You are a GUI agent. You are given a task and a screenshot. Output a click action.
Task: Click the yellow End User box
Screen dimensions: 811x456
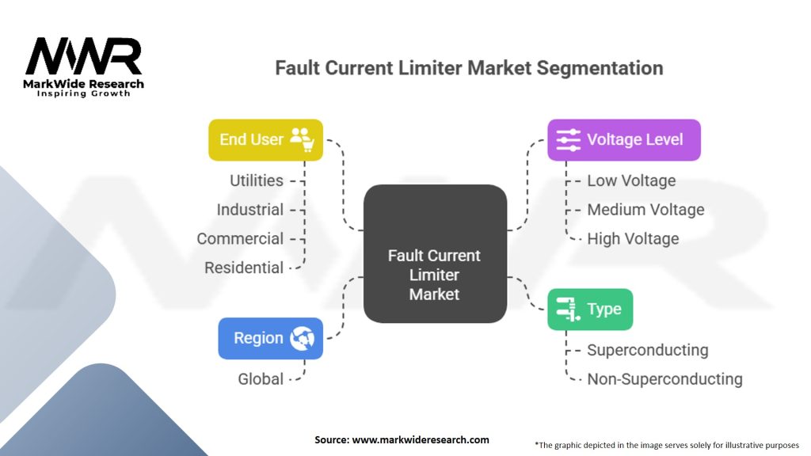coord(265,139)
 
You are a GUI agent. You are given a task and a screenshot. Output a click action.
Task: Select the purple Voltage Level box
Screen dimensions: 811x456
coord(624,139)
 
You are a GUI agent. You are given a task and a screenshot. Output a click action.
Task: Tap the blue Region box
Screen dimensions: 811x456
coord(271,338)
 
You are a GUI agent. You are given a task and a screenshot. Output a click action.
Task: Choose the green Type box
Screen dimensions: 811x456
coord(590,310)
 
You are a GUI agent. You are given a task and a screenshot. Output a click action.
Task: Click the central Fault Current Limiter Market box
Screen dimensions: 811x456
coord(435,254)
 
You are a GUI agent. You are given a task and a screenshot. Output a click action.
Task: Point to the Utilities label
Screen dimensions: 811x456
coord(257,180)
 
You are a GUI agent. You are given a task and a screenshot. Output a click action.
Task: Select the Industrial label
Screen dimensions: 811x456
coord(249,209)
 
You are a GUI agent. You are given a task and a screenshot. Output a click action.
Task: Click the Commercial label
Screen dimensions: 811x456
coord(240,238)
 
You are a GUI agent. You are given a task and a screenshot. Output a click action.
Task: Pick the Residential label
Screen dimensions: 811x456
coord(244,268)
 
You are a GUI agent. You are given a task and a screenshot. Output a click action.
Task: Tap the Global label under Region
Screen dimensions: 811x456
coord(261,379)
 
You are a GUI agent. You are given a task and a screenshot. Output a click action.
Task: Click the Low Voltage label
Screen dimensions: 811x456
coord(631,180)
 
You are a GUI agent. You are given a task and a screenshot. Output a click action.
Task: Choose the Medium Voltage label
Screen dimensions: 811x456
coord(645,209)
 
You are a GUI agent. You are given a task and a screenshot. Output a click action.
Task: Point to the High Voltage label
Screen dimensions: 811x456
coord(633,238)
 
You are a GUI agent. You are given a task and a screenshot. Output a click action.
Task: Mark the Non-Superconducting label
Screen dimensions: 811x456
coord(664,379)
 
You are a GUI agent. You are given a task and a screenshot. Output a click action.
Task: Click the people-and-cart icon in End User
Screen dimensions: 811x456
coord(302,139)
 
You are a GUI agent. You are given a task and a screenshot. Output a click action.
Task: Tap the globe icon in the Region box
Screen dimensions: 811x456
coord(302,338)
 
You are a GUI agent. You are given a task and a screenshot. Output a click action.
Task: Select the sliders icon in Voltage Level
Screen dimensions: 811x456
coord(568,139)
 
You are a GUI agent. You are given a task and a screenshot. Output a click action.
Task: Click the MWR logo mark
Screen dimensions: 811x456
coord(83,56)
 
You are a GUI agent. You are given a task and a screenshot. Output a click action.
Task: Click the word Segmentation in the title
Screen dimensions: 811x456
coord(600,68)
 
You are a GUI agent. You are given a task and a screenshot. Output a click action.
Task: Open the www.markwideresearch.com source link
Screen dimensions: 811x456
coord(421,440)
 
